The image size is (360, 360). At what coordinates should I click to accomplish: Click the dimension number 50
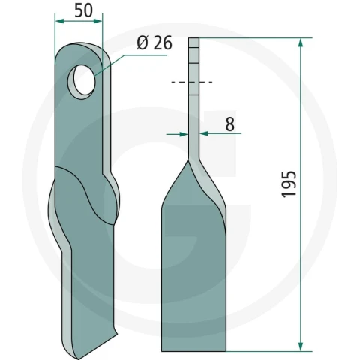coord(83,11)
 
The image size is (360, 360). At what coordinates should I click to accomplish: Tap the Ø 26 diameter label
coord(154,43)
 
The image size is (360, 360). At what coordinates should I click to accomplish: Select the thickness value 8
coord(230,124)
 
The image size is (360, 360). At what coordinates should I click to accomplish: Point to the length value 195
coord(289,184)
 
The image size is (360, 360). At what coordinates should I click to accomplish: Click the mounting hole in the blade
coord(82,80)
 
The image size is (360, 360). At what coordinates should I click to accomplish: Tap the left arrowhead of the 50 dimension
coord(59,21)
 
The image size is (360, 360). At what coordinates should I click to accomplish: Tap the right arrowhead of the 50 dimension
coord(97,21)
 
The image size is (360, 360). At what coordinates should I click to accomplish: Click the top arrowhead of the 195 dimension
coord(301,43)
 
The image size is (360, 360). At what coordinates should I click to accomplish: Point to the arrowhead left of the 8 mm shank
coord(184,134)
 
